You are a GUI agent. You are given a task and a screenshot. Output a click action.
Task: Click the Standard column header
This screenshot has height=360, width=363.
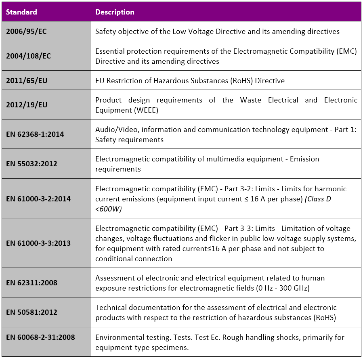(21, 12)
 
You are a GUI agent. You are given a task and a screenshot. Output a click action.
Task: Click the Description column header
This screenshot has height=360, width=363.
(115, 12)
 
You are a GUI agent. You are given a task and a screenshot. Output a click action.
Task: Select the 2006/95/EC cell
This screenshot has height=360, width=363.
(26, 31)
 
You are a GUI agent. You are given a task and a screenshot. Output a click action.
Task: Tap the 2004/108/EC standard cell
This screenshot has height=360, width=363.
(28, 56)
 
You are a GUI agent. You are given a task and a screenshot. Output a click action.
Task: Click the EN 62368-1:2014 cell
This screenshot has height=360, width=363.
(35, 134)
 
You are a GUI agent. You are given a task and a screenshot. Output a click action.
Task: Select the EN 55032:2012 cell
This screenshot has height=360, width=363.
(31, 164)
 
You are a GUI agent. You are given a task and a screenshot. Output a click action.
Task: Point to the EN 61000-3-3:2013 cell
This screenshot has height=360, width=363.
(38, 243)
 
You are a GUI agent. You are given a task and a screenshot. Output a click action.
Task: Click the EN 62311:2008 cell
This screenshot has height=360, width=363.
(31, 283)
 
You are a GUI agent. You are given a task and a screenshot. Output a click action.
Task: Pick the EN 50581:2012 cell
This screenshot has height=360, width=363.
(31, 312)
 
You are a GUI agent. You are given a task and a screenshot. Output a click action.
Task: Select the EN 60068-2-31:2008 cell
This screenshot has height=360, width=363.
(40, 337)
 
